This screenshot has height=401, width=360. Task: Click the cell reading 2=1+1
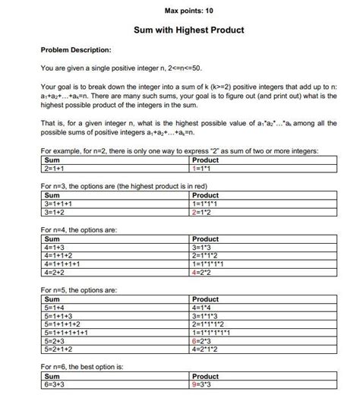click(x=56, y=169)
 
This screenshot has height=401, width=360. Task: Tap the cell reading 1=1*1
click(x=206, y=169)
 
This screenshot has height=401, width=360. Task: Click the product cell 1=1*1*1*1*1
click(x=216, y=332)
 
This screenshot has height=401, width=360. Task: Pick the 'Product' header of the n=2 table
click(x=206, y=160)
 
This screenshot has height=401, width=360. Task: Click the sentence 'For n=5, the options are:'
click(x=79, y=290)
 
